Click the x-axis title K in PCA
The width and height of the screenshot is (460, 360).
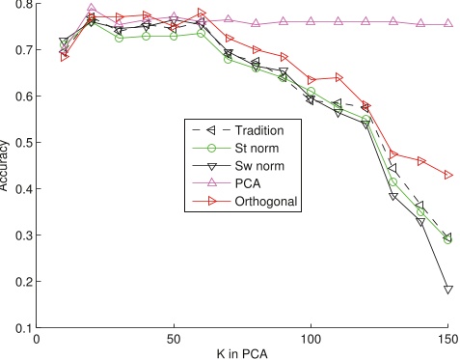click(x=242, y=353)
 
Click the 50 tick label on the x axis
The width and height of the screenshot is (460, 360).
click(x=174, y=339)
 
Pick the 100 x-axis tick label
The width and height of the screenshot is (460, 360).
click(x=311, y=339)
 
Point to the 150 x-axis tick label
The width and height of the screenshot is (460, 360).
click(x=447, y=339)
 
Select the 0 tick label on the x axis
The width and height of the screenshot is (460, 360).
click(x=37, y=339)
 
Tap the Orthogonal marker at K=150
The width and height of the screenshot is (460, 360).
click(x=448, y=175)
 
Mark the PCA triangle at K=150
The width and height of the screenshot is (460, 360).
click(x=448, y=24)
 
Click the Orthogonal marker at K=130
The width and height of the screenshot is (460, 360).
click(x=393, y=154)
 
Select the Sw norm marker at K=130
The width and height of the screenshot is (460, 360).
click(x=393, y=197)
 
